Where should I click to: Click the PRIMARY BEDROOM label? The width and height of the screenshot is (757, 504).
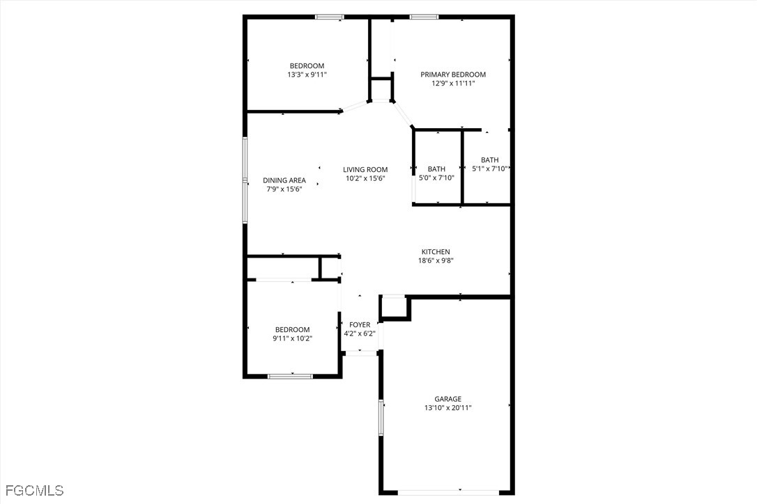click(x=453, y=74)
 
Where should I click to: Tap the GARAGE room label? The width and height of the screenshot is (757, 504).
click(x=448, y=399)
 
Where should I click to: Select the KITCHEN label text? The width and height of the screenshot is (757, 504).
click(x=436, y=252)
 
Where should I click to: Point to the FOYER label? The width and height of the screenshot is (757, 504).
click(x=360, y=325)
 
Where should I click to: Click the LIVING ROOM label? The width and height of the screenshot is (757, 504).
click(x=365, y=170)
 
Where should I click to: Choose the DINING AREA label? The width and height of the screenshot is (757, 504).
click(x=284, y=180)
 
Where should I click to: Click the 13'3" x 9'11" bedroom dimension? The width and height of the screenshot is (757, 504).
click(x=307, y=74)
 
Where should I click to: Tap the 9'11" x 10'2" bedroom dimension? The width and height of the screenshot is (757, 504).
click(x=293, y=338)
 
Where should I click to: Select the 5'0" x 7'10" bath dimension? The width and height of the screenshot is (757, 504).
click(x=436, y=178)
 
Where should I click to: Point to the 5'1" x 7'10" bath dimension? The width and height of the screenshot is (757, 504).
click(x=489, y=168)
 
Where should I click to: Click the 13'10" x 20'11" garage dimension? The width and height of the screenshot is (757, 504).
click(x=448, y=408)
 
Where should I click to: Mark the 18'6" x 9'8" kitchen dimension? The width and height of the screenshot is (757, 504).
click(x=436, y=261)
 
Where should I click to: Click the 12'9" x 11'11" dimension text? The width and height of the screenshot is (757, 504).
click(x=453, y=84)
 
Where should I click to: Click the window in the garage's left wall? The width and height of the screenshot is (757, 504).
click(x=381, y=418)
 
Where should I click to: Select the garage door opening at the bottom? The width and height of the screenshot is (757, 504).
click(x=448, y=492)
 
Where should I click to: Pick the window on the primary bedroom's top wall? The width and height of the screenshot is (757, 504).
click(x=424, y=17)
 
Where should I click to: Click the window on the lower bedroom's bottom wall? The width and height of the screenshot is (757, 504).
click(x=290, y=376)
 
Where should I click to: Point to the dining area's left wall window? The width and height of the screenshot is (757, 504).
click(x=245, y=180)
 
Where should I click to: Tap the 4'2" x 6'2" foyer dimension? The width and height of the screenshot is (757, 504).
click(x=360, y=333)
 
